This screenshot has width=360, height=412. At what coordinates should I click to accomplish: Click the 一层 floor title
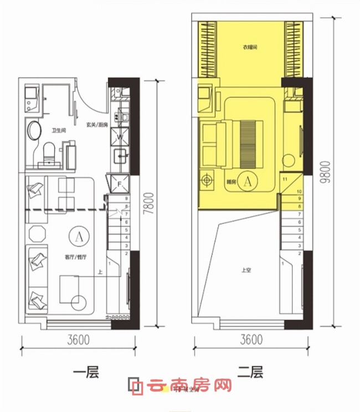pyautogui.click(x=85, y=373)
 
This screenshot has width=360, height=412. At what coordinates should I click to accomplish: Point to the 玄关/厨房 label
pyautogui.click(x=96, y=125)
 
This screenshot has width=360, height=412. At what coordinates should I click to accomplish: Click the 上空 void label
pyautogui.click(x=247, y=271)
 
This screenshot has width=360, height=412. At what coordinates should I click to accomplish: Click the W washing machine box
pyautogui.click(x=120, y=136)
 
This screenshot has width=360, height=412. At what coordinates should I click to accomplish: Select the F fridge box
pyautogui.click(x=120, y=184)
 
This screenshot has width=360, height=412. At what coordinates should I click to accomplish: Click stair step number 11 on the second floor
pyautogui.click(x=284, y=180)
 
